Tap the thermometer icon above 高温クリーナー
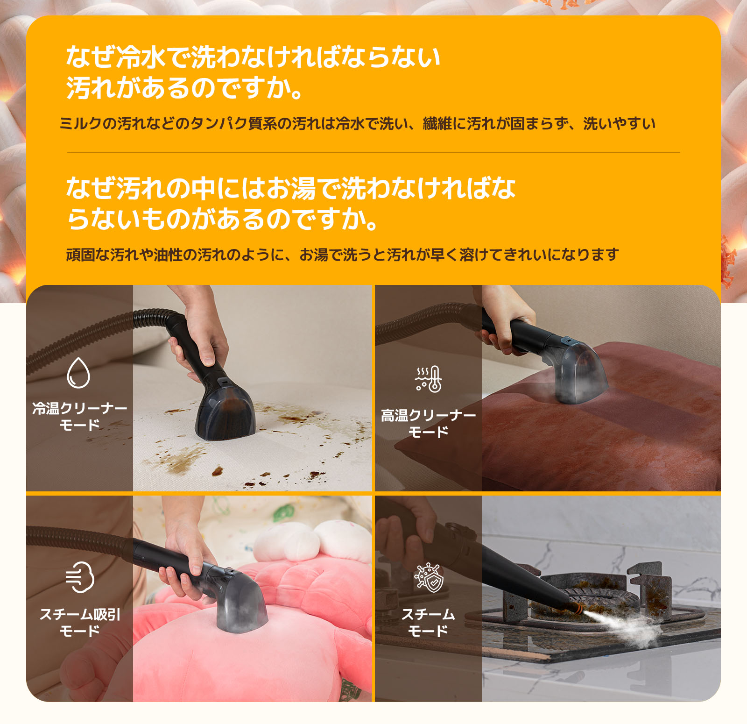(x=429, y=379)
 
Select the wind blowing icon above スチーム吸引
(x=80, y=577)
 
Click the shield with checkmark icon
(x=429, y=578)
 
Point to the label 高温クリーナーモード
(x=428, y=423)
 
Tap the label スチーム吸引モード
(x=79, y=622)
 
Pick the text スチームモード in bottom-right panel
(x=428, y=622)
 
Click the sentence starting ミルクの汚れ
(x=357, y=124)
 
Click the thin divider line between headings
(x=373, y=153)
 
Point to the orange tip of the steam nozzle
(x=578, y=608)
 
